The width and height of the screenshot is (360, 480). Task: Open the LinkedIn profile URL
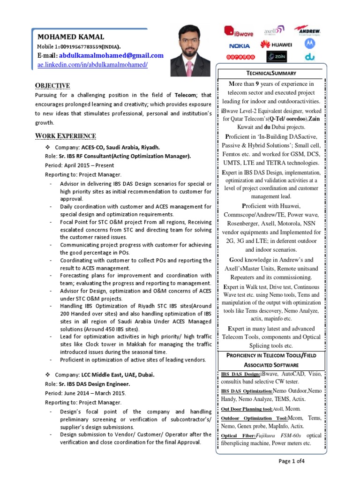pyautogui.click(x=92, y=64)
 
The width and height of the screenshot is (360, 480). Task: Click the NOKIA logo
pyautogui.click(x=240, y=45)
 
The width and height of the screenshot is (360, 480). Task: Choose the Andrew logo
pyautogui.click(x=307, y=30)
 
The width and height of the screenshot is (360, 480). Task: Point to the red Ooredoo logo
pyautogui.click(x=240, y=57)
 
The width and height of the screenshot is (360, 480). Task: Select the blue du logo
pyautogui.click(x=309, y=57)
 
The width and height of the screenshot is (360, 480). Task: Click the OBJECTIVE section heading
pyautogui.click(x=53, y=85)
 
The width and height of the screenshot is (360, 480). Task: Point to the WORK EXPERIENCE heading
pyautogui.click(x=66, y=136)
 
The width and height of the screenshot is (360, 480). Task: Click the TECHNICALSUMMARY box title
pyautogui.click(x=269, y=74)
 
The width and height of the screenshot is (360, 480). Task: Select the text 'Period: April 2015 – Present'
pyautogui.click(x=79, y=165)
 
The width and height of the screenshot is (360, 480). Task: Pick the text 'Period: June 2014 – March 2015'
pyautogui.click(x=85, y=393)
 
